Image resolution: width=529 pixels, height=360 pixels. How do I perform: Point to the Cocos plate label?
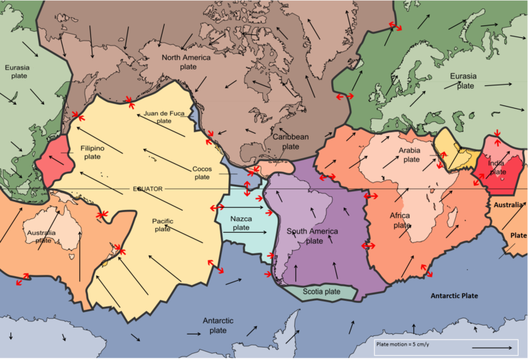pyautogui.click(x=202, y=173)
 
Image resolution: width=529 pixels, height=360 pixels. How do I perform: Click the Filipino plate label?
pyautogui.click(x=92, y=152)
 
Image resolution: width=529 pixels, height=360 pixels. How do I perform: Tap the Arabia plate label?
pyautogui.click(x=410, y=155)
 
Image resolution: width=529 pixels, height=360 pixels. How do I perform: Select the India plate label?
pyautogui.click(x=497, y=167)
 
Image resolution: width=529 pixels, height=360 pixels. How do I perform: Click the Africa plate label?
pyautogui.click(x=401, y=220)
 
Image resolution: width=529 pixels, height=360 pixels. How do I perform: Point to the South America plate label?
pyautogui.click(x=314, y=236)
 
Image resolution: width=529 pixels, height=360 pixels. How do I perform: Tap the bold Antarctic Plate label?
pyautogui.click(x=454, y=295)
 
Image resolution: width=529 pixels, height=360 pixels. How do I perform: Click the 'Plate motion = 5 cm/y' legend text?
pyautogui.click(x=403, y=343)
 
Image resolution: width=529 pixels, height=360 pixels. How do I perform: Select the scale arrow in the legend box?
pyautogui.click(x=492, y=349)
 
